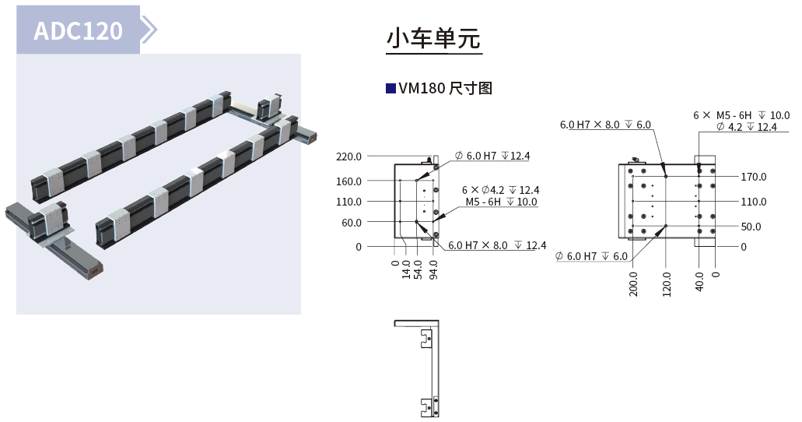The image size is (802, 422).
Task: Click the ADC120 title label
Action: pyautogui.click(x=79, y=30)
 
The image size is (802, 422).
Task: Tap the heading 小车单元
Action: pyautogui.click(x=434, y=38)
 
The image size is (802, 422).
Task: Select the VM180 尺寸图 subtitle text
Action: pyautogui.click(x=445, y=88)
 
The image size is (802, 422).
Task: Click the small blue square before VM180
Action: pyautogui.click(x=390, y=88)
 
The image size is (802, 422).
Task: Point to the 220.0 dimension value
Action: pyautogui.click(x=348, y=156)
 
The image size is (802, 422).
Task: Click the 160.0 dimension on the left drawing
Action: pyautogui.click(x=348, y=181)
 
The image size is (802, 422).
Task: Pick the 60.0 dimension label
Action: pyautogui.click(x=351, y=223)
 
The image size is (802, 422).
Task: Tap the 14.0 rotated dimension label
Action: pyautogui.click(x=406, y=269)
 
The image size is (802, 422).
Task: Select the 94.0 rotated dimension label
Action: pyautogui.click(x=433, y=269)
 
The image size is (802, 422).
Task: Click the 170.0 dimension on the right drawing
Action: pyautogui.click(x=753, y=177)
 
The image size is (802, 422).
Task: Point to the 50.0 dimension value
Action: pyautogui.click(x=751, y=227)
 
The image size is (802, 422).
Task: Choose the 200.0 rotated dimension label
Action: pyautogui.click(x=633, y=283)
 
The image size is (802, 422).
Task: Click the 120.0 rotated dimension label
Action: pyautogui.click(x=667, y=283)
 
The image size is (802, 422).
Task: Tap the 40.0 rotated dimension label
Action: pyautogui.click(x=700, y=280)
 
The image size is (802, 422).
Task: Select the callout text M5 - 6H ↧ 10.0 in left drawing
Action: pyautogui.click(x=501, y=202)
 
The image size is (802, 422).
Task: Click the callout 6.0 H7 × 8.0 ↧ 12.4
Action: pyautogui.click(x=496, y=246)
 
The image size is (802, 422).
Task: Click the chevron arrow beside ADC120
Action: pyautogui.click(x=149, y=30)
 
